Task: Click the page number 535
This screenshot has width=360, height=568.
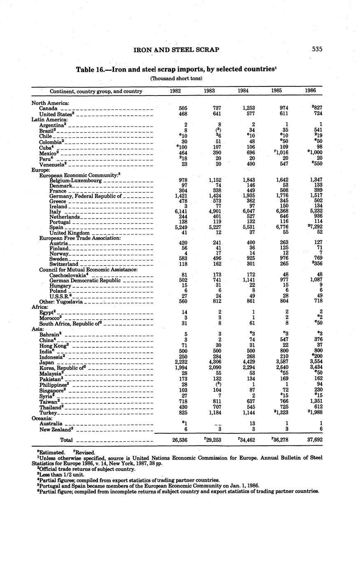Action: [x=317, y=49]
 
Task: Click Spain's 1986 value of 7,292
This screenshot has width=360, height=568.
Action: [x=314, y=227]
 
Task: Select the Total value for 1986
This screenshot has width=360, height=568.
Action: [x=314, y=440]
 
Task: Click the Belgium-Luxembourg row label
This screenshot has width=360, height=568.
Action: [x=76, y=181]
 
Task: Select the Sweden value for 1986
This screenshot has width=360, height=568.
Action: [x=316, y=258]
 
